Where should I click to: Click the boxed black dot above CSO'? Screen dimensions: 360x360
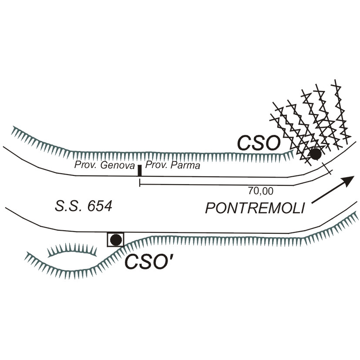click(116, 239)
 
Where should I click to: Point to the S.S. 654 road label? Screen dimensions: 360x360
click(84, 206)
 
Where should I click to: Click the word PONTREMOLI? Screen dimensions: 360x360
click(254, 208)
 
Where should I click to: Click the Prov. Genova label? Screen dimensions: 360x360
click(103, 165)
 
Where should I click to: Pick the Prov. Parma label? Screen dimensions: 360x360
click(172, 165)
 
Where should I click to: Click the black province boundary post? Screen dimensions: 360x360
click(139, 170)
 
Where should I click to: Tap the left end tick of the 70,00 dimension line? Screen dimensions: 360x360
click(139, 184)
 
